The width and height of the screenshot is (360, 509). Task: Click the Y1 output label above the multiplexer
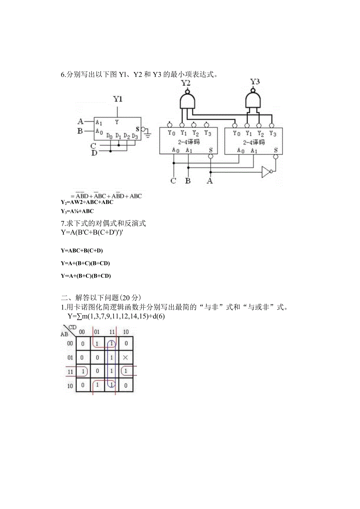click(x=118, y=99)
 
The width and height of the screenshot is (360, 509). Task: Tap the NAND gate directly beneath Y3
click(x=254, y=100)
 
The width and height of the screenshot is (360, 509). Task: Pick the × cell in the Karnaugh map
click(x=125, y=358)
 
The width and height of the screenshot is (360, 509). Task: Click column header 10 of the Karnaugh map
click(x=126, y=332)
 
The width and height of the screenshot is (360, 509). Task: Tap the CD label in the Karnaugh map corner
click(x=72, y=327)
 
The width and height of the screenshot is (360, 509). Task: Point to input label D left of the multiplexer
click(x=94, y=153)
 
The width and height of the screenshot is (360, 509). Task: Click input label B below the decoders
click(x=188, y=181)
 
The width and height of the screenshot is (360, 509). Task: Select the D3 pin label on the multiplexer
click(x=135, y=136)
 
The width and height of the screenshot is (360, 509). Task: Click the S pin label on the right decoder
click(x=276, y=150)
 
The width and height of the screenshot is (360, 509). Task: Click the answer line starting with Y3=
click(x=77, y=211)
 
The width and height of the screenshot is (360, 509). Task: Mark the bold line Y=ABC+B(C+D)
click(x=82, y=251)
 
